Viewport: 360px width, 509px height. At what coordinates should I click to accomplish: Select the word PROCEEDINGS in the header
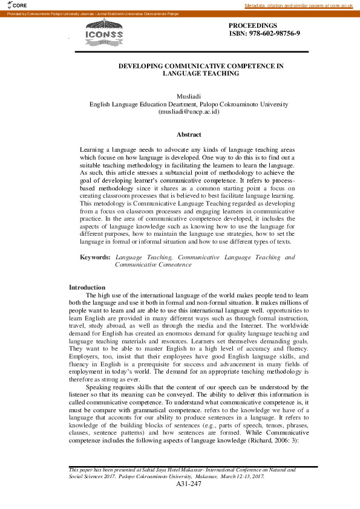coord(253,26)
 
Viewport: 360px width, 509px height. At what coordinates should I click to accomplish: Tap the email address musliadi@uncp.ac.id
coord(188,112)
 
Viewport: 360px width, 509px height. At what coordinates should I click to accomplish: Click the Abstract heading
coord(188,135)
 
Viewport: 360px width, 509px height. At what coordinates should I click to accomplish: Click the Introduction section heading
coord(87,287)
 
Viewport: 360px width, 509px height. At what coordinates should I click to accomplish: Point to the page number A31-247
coord(188,484)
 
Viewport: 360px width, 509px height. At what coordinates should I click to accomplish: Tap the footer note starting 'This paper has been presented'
coord(182,469)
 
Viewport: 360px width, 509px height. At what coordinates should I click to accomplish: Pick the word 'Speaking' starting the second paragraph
coord(99,387)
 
